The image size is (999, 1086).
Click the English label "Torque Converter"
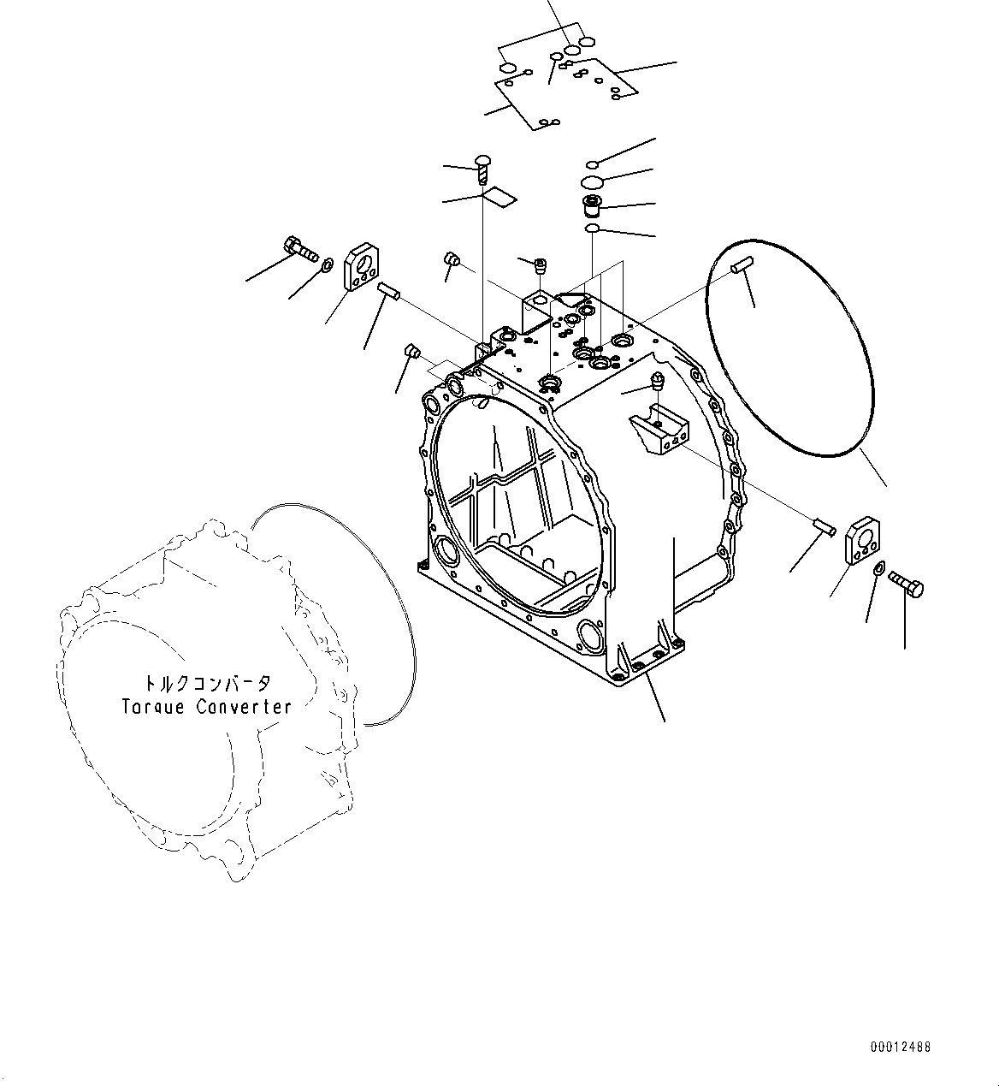(x=206, y=707)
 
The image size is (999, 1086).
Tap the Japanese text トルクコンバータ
(x=207, y=684)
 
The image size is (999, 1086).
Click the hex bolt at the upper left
(x=296, y=249)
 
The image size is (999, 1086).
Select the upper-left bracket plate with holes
(x=363, y=268)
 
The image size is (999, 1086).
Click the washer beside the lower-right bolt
(x=880, y=569)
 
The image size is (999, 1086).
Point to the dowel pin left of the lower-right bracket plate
(x=822, y=525)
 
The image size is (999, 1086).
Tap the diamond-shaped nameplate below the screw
(x=499, y=198)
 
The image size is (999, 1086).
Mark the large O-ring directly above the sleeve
(x=590, y=181)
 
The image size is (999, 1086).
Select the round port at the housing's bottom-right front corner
(x=591, y=634)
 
